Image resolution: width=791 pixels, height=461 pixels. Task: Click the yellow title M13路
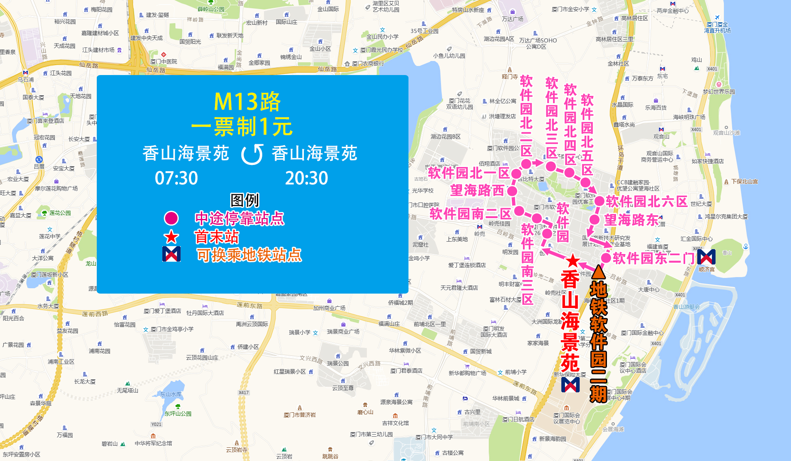(x=247, y=101)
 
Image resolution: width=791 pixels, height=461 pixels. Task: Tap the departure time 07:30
(x=176, y=178)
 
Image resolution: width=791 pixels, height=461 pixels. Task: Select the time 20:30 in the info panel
(x=306, y=178)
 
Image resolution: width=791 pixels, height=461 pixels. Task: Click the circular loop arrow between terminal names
(x=252, y=154)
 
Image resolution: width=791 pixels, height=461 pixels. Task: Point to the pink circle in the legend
(x=171, y=218)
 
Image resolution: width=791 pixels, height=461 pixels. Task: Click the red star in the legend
(x=171, y=237)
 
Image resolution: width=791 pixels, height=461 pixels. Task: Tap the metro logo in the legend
(x=171, y=254)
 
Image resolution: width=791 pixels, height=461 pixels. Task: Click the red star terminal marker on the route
(x=572, y=261)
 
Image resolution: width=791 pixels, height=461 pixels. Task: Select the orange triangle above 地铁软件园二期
(x=598, y=272)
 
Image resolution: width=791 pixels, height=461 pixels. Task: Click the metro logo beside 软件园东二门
(x=707, y=257)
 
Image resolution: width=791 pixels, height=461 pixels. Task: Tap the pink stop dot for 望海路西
(x=512, y=191)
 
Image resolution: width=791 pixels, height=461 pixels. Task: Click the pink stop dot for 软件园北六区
(x=599, y=201)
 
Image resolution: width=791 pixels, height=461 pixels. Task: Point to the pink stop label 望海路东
(x=631, y=220)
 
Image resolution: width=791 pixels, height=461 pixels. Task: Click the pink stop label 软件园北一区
(x=469, y=173)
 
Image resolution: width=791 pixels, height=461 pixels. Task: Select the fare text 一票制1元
(x=242, y=127)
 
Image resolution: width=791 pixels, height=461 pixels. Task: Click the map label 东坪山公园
(x=178, y=414)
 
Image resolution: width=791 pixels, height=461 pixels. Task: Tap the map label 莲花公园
(x=60, y=213)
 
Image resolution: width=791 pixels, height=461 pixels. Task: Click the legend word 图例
(x=245, y=200)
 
